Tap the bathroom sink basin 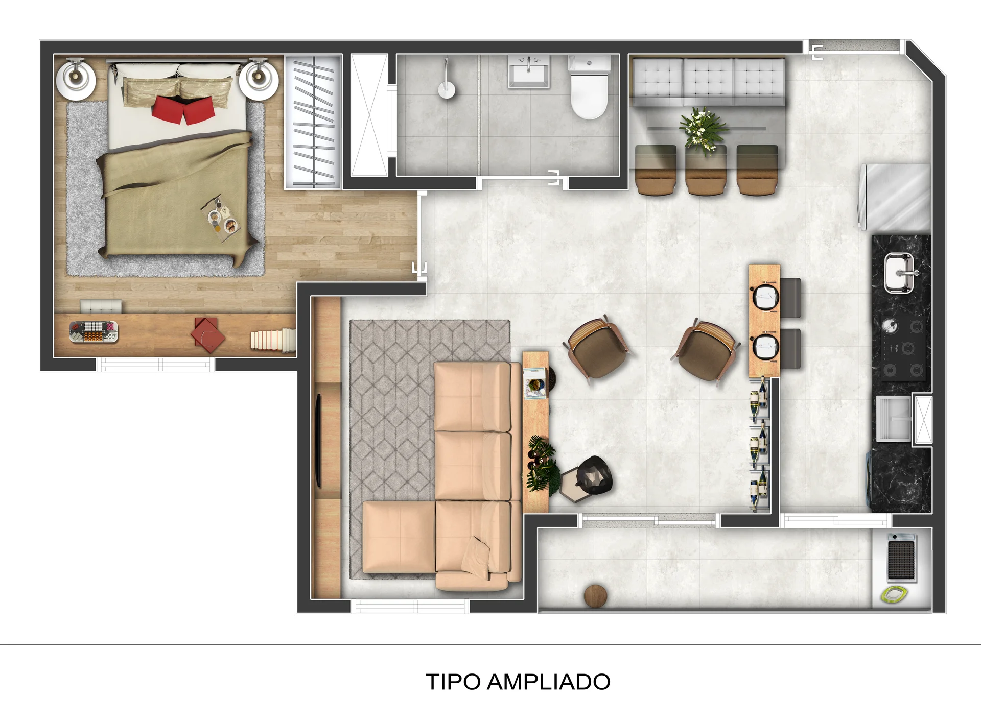pyautogui.click(x=529, y=72)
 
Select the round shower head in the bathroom pyautogui.click(x=447, y=90)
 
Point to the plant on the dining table pyautogui.click(x=702, y=130)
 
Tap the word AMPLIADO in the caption pyautogui.click(x=549, y=682)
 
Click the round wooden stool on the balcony pyautogui.click(x=595, y=596)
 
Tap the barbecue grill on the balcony pyautogui.click(x=901, y=558)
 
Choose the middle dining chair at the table pyautogui.click(x=706, y=171)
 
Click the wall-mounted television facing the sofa pyautogui.click(x=318, y=440)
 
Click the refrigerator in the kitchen pyautogui.click(x=895, y=197)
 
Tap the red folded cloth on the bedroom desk pyautogui.click(x=207, y=335)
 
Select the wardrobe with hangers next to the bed pyautogui.click(x=313, y=122)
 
